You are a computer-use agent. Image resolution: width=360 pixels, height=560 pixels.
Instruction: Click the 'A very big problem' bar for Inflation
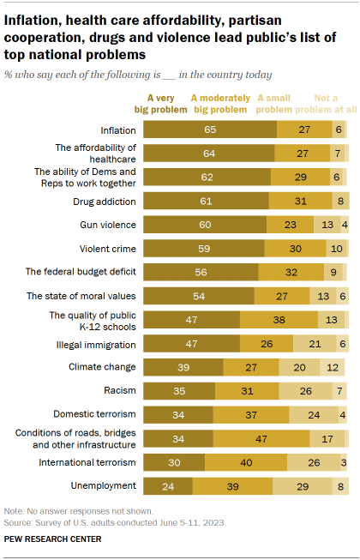coord(209,129)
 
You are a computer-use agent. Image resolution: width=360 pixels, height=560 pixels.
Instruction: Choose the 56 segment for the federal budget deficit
coord(201,272)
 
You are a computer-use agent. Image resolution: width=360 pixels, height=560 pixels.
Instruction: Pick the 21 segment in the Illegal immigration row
coord(315,344)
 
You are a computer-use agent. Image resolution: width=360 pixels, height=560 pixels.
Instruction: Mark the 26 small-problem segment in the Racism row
coord(307,391)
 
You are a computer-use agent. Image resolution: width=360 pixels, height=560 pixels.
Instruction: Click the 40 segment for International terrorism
coord(245,463)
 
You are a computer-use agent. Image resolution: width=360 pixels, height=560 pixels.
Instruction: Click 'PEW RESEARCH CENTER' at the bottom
coord(53,539)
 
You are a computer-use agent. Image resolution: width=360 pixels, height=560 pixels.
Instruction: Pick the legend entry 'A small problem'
coord(275,103)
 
